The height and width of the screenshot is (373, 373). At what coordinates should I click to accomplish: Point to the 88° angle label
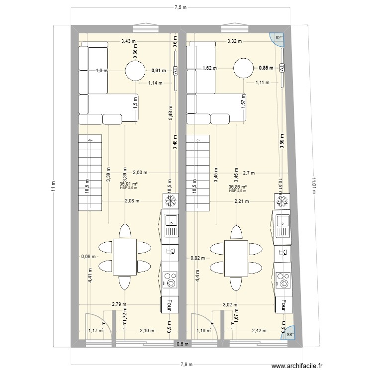pos(289,335)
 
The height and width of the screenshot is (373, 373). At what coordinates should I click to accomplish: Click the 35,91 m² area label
pos(129,184)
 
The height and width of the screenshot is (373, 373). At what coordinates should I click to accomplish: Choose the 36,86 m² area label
pos(238,187)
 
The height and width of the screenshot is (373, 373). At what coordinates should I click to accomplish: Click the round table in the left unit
pos(135,71)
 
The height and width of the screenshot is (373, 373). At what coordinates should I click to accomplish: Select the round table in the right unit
pos(244,68)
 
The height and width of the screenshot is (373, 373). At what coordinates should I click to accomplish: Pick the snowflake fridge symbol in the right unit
pos(282,201)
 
